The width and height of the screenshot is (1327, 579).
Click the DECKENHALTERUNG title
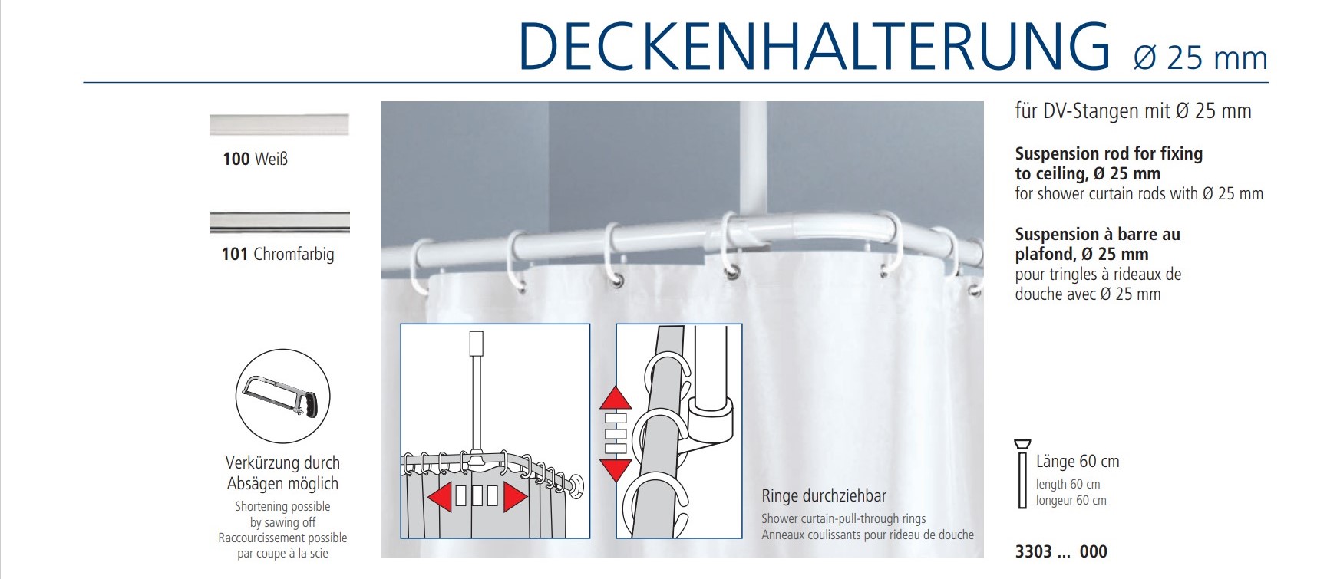click(x=815, y=47)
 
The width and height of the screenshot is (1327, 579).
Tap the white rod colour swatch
click(x=279, y=125)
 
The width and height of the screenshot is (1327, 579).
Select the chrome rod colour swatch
click(x=279, y=222)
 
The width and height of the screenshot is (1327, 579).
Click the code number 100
click(x=236, y=159)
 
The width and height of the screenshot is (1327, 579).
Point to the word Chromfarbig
click(x=294, y=254)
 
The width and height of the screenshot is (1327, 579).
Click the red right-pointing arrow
click(x=516, y=496)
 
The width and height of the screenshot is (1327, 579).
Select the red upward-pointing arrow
click(x=615, y=397)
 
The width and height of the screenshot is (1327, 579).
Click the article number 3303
click(x=1034, y=551)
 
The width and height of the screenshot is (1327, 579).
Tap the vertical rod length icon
click(x=1022, y=475)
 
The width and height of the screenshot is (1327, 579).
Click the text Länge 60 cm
click(x=1078, y=461)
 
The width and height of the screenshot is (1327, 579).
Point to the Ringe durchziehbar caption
click(x=824, y=495)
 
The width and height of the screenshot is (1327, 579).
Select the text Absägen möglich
click(x=282, y=484)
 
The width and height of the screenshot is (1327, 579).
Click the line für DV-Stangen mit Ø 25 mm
click(x=1133, y=111)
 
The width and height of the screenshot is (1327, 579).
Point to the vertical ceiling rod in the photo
click(x=754, y=160)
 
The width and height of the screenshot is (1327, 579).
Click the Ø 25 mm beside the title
click(x=1200, y=58)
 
